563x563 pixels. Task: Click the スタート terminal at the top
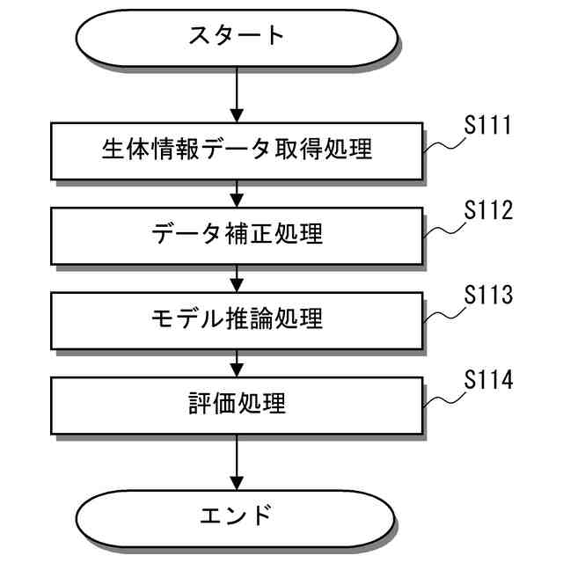coord(236,37)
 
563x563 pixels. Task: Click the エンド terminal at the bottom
coord(236,515)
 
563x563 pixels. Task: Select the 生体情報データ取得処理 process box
coord(237,150)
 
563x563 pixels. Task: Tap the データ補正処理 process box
coord(237,234)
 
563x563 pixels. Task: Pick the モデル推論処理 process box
coord(237,318)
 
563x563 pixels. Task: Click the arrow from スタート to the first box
coord(237,94)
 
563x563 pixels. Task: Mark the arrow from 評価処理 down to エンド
coord(237,459)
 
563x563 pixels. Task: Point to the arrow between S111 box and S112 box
coord(237,192)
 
